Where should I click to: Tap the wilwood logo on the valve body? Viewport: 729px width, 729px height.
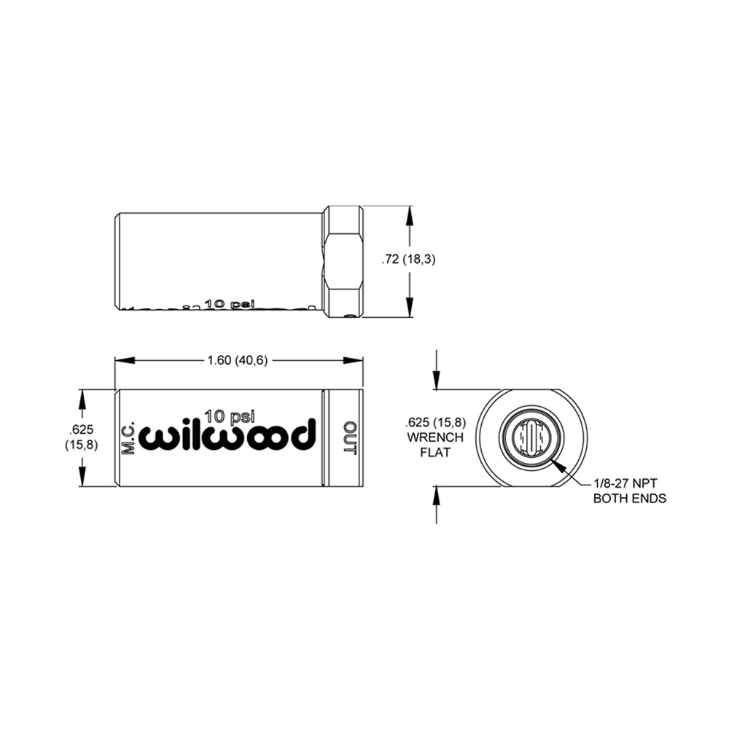click(230, 434)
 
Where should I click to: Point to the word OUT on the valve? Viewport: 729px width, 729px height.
click(350, 437)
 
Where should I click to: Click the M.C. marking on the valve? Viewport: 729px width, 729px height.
click(128, 437)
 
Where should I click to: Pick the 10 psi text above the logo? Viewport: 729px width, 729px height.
click(230, 415)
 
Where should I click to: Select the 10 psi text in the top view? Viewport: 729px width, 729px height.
click(230, 303)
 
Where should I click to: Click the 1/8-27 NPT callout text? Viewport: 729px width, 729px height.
click(625, 483)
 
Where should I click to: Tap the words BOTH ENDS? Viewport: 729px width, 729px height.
click(630, 499)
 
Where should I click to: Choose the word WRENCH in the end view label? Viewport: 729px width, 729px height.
click(435, 437)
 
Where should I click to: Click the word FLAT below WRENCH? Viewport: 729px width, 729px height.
click(435, 453)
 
